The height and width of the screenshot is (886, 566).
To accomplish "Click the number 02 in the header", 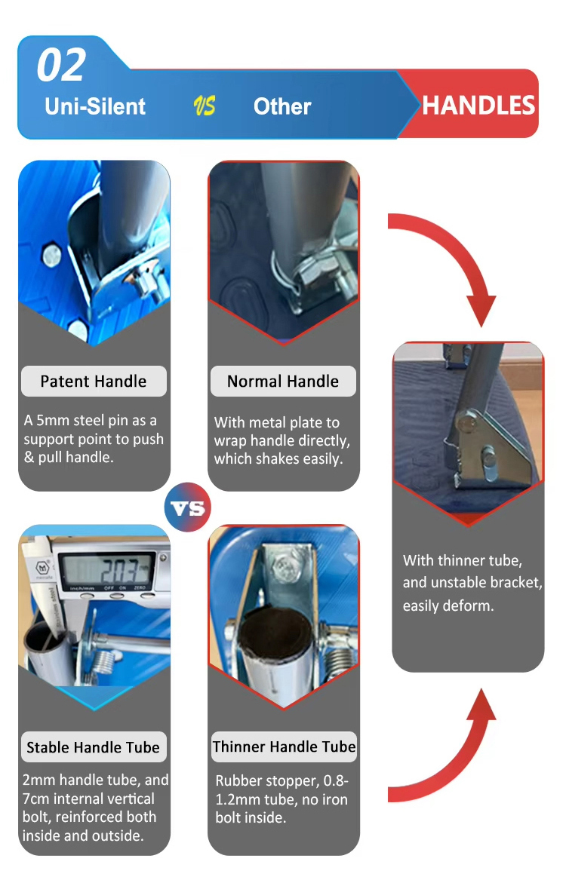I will click(x=61, y=66).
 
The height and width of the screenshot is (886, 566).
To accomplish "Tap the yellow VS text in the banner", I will click(x=204, y=106).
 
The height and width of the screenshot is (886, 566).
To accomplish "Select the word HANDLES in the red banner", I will click(x=478, y=106).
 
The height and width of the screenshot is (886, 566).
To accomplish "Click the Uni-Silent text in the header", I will click(x=95, y=106).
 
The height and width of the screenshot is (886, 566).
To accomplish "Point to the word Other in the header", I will click(x=282, y=106).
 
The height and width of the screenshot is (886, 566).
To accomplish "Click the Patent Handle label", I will click(x=94, y=381).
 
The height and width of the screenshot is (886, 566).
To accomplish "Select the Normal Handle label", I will click(x=283, y=381).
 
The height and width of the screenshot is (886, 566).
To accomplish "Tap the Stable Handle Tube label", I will click(x=94, y=747).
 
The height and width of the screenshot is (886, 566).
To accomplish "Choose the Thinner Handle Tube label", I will click(x=284, y=747).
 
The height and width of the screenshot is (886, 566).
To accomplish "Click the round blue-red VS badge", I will click(x=188, y=507).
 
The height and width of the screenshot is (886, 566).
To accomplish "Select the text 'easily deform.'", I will click(x=448, y=605).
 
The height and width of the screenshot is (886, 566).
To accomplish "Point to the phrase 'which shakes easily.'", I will click(x=278, y=458).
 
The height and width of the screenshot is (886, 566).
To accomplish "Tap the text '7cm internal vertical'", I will click(x=88, y=799).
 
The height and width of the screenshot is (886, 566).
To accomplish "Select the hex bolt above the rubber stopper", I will click(x=286, y=564).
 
